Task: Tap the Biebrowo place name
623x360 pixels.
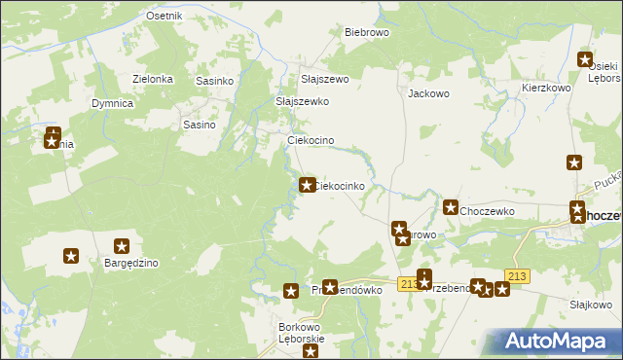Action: pyautogui.click(x=367, y=32)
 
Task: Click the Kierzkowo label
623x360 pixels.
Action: pyautogui.click(x=545, y=88)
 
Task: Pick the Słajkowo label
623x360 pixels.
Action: pyautogui.click(x=590, y=305)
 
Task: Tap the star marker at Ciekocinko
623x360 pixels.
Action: pyautogui.click(x=307, y=185)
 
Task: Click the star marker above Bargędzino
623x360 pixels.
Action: pyautogui.click(x=122, y=247)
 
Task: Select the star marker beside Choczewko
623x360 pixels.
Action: pyautogui.click(x=451, y=207)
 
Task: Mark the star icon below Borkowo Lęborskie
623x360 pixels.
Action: pyautogui.click(x=311, y=351)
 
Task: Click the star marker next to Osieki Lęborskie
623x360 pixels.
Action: pyautogui.click(x=585, y=59)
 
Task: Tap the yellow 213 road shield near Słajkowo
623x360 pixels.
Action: pyautogui.click(x=517, y=277)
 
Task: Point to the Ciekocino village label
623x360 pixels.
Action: pyautogui.click(x=311, y=141)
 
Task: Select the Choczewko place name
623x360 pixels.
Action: pyautogui.click(x=488, y=210)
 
